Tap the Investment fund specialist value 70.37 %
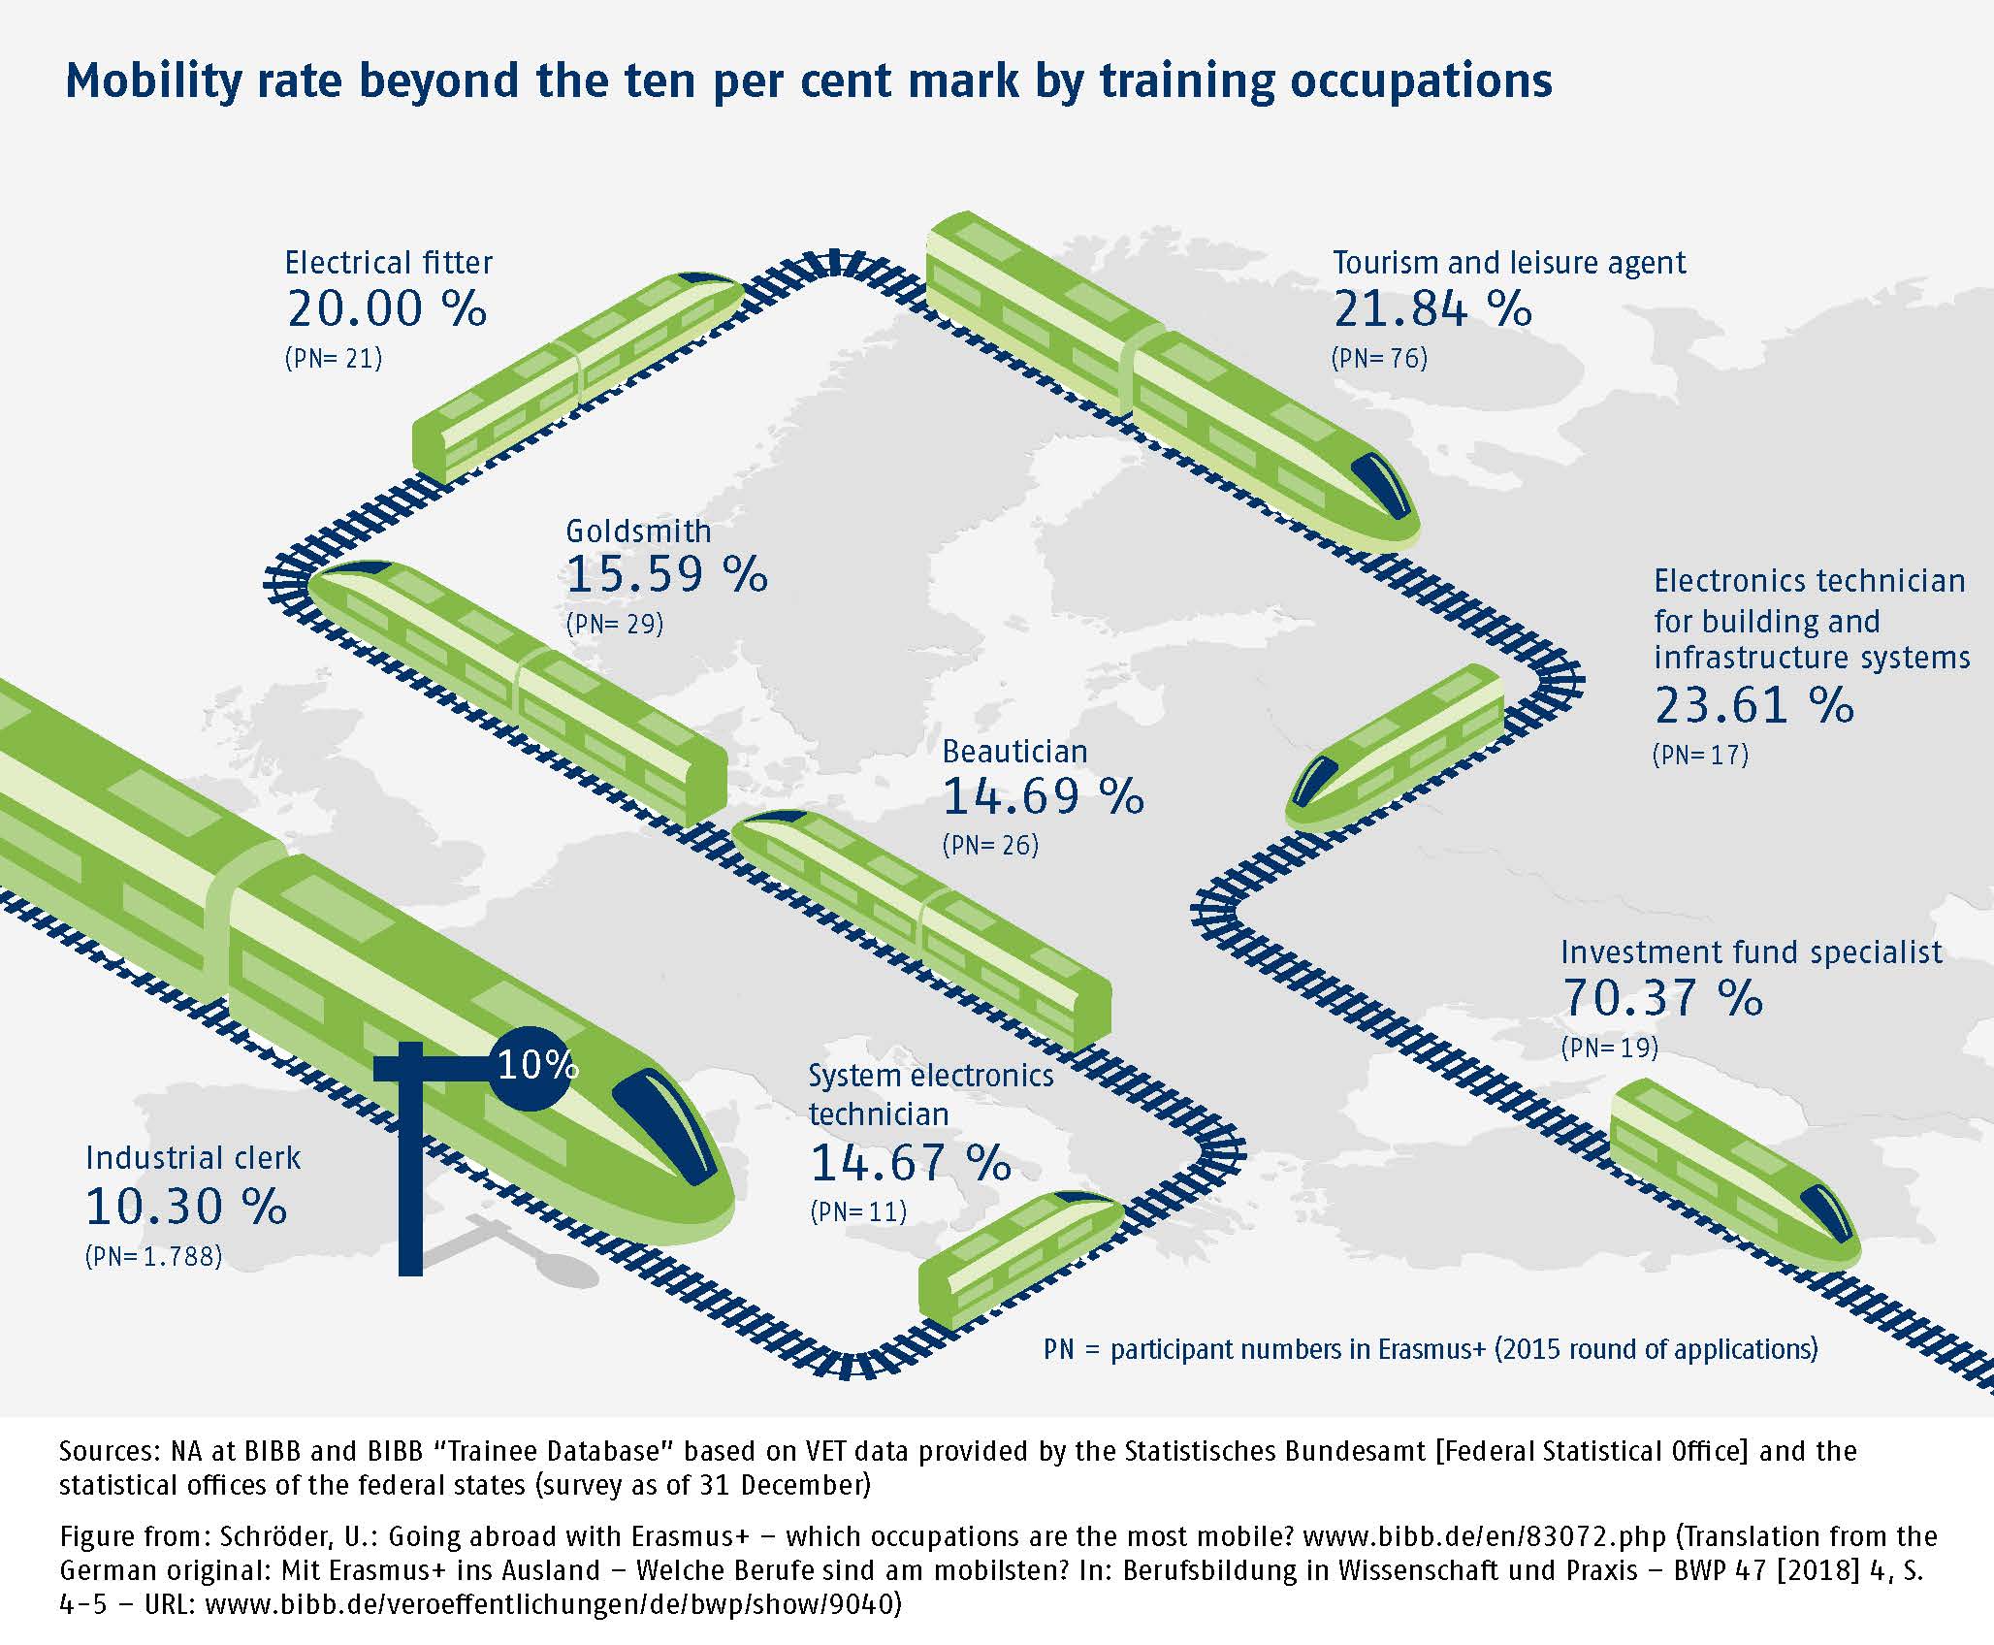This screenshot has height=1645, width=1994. [1662, 999]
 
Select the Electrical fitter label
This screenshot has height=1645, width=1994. [388, 263]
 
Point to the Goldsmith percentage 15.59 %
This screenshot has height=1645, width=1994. [667, 574]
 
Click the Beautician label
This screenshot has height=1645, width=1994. [1014, 752]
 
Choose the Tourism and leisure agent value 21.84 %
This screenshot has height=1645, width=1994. [1432, 309]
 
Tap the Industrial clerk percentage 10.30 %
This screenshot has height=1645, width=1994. [186, 1208]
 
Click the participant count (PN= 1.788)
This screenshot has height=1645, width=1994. [153, 1257]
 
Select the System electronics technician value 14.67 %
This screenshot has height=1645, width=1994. [911, 1163]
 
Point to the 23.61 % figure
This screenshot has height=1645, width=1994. [1754, 706]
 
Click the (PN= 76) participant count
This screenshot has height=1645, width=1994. [1379, 359]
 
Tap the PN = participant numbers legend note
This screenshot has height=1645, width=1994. [1431, 1349]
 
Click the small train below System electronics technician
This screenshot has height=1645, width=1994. [1021, 1260]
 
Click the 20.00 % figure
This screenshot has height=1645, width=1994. [386, 309]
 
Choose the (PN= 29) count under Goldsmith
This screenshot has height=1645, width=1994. [615, 624]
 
